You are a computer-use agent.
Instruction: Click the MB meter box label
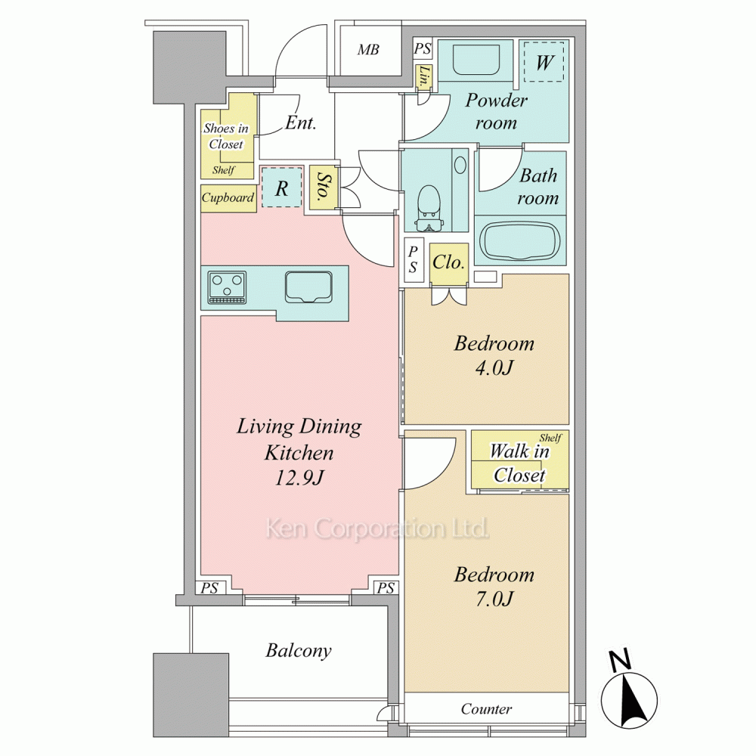pos(368,50)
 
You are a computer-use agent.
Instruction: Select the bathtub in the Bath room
pos(521,240)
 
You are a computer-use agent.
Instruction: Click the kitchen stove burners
pos(227,288)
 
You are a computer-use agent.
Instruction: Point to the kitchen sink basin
pos(308,287)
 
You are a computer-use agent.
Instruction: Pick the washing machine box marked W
pos(544,62)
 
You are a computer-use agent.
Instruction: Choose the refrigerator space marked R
pos(282,187)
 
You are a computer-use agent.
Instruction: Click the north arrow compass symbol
pos(629,692)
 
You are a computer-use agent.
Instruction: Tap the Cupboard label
pos(228,197)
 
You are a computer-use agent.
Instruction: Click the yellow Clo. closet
pos(449,264)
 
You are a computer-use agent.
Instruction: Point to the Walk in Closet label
pos(520,463)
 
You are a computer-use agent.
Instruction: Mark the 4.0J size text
pos(494,368)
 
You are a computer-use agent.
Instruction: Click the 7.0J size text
pos(494,599)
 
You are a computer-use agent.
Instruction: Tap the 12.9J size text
pos(299,477)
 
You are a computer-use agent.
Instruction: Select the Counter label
pos(486,709)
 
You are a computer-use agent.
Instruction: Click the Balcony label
pos(299,651)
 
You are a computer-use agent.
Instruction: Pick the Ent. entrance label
pos(300,122)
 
